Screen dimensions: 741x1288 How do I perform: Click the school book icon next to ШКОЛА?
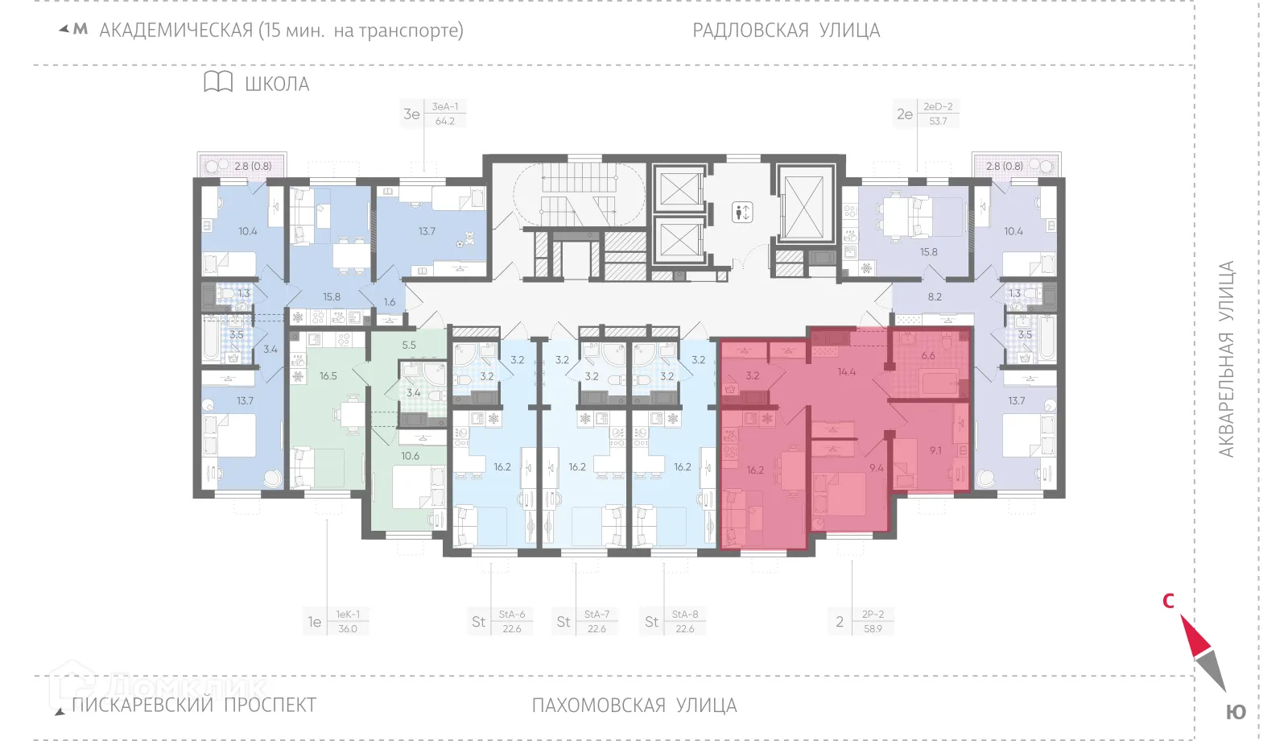click(217, 82)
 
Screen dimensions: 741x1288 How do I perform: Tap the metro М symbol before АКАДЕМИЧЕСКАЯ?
click(80, 30)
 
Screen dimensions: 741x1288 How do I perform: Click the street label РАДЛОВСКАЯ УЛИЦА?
click(786, 31)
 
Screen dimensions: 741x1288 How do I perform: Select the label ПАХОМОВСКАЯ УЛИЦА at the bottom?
click(634, 706)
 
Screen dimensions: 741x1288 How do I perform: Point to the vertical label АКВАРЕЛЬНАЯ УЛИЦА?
click(1226, 359)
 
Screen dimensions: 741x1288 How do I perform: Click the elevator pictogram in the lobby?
click(742, 213)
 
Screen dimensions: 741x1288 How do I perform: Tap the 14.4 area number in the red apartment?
click(846, 372)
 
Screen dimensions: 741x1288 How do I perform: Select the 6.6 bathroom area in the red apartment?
click(928, 355)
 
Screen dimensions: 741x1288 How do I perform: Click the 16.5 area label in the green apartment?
click(328, 376)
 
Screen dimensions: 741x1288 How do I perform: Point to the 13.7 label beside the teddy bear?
click(427, 231)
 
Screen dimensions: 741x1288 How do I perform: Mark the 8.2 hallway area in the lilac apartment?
click(934, 296)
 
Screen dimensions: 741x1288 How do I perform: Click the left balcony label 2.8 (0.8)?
click(253, 166)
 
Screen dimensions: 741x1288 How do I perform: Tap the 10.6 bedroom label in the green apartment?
click(410, 456)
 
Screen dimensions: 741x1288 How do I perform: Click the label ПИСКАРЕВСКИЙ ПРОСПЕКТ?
click(194, 705)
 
